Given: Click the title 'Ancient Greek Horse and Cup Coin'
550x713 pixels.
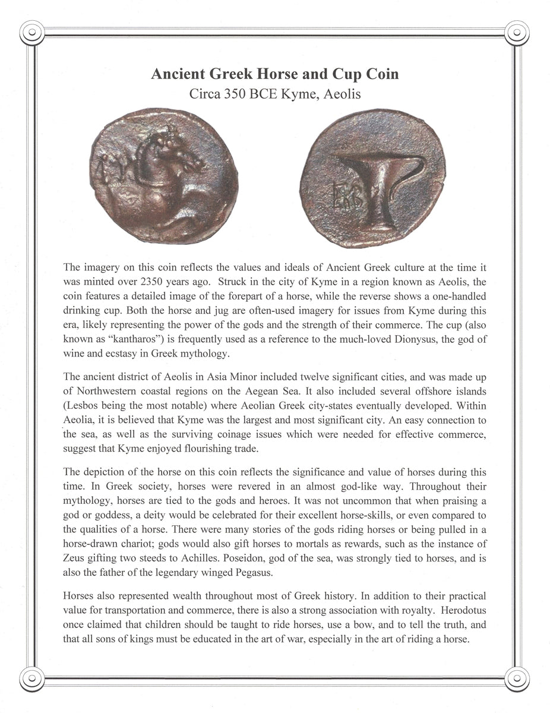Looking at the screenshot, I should pos(274,74).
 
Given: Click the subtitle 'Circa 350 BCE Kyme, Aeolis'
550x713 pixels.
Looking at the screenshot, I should pos(274,93).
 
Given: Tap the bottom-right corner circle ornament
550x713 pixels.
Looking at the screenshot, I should pos(517,678).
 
